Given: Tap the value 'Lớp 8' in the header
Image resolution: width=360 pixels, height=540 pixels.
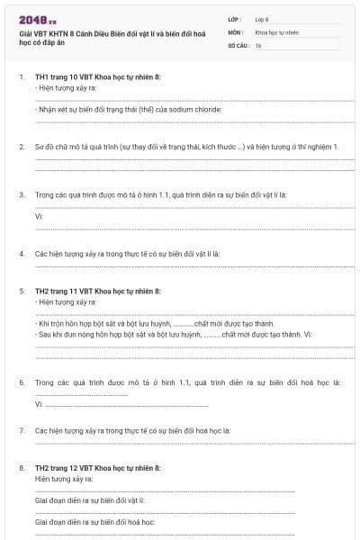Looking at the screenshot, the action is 262,19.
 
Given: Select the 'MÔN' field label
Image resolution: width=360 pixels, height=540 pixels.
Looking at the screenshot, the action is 234,31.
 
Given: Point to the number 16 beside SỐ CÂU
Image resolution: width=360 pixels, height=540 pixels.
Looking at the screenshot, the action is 258,44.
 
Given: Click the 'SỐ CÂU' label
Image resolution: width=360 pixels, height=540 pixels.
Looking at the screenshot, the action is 237,44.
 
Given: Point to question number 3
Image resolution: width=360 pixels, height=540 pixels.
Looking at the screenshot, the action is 22,194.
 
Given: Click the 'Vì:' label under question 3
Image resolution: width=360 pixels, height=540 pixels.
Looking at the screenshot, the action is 40,217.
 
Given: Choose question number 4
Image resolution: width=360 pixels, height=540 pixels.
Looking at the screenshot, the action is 22,255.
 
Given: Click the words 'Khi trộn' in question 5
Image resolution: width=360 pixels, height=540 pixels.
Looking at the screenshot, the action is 52,323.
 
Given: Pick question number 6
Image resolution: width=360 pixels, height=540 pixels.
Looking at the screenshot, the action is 22,382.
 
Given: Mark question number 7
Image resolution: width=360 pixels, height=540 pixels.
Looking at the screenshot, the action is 22,431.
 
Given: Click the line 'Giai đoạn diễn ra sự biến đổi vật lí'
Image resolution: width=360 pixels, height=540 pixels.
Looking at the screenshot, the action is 89,499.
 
